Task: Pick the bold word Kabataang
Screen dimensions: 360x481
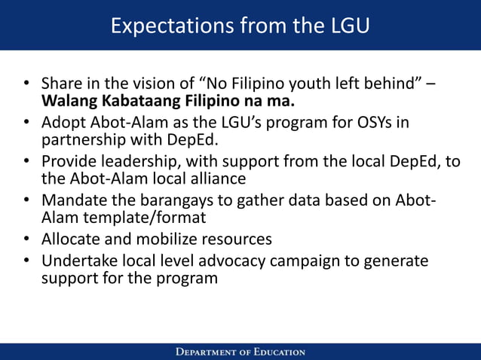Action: tap(131, 99)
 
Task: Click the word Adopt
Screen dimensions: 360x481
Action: tap(62, 122)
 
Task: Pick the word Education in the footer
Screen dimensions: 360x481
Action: tap(277, 352)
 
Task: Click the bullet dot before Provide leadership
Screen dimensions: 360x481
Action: tap(26, 162)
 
